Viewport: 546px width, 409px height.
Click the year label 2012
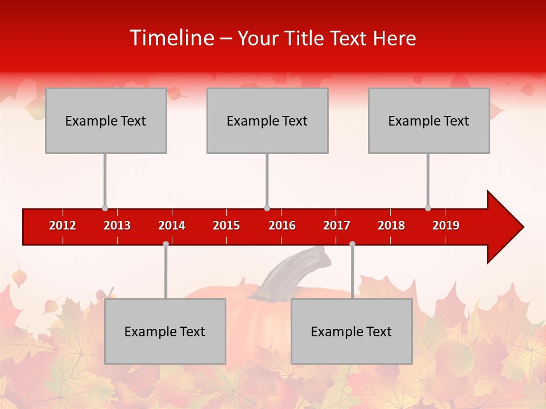coord(63,226)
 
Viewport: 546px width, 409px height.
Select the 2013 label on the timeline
coord(117,226)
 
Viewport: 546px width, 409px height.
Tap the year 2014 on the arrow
coord(172,226)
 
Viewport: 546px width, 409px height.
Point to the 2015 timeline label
coord(226,226)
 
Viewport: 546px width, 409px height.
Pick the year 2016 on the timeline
coord(282,226)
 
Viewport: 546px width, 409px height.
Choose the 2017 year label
coord(337,226)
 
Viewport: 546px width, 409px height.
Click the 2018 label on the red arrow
coord(391,226)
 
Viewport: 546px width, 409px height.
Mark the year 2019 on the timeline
coord(446,226)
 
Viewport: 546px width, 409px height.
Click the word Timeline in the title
coord(171,38)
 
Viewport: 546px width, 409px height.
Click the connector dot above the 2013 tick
coord(105,208)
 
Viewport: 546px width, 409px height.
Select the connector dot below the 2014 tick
coord(166,244)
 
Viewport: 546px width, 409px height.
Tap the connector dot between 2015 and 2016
coord(267,208)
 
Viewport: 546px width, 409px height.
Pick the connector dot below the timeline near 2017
coord(352,244)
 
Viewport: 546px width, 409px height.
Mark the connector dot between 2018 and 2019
coord(428,208)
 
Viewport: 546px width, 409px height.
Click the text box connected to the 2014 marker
coord(165,331)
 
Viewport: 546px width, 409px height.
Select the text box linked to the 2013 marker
coord(106,120)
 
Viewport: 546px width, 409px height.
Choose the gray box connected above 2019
coord(429,120)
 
